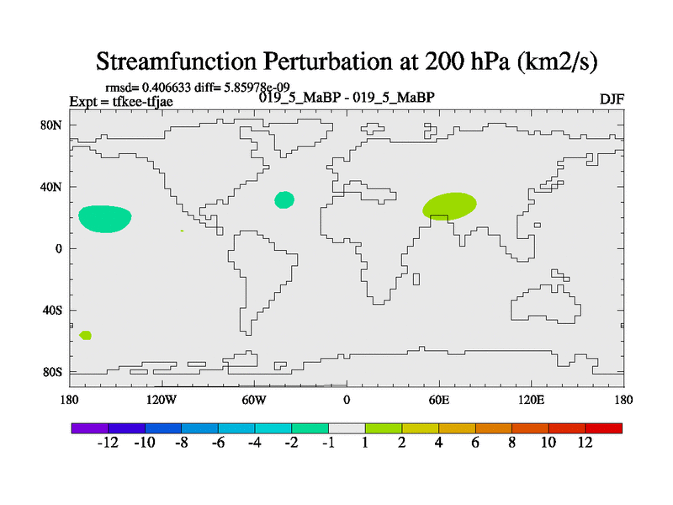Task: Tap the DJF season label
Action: click(x=612, y=99)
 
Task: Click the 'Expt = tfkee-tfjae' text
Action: click(x=121, y=102)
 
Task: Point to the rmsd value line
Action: click(x=198, y=88)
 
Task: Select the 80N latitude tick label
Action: click(x=51, y=125)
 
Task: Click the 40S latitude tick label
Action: click(x=52, y=310)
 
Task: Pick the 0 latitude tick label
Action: click(x=58, y=248)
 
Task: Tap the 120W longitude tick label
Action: click(x=162, y=401)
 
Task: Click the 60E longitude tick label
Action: click(x=439, y=401)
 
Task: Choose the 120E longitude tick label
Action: click(x=532, y=401)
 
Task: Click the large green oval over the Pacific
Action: click(x=104, y=219)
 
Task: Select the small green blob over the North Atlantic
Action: click(x=284, y=200)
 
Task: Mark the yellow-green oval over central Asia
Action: click(x=449, y=206)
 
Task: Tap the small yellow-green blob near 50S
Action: click(x=86, y=335)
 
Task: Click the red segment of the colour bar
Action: click(x=603, y=428)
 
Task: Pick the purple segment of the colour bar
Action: click(x=90, y=428)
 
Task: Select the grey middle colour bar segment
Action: click(x=347, y=428)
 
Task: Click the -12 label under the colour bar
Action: click(x=108, y=443)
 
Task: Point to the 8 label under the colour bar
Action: click(x=511, y=443)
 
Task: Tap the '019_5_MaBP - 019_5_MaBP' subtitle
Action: click(x=347, y=98)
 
